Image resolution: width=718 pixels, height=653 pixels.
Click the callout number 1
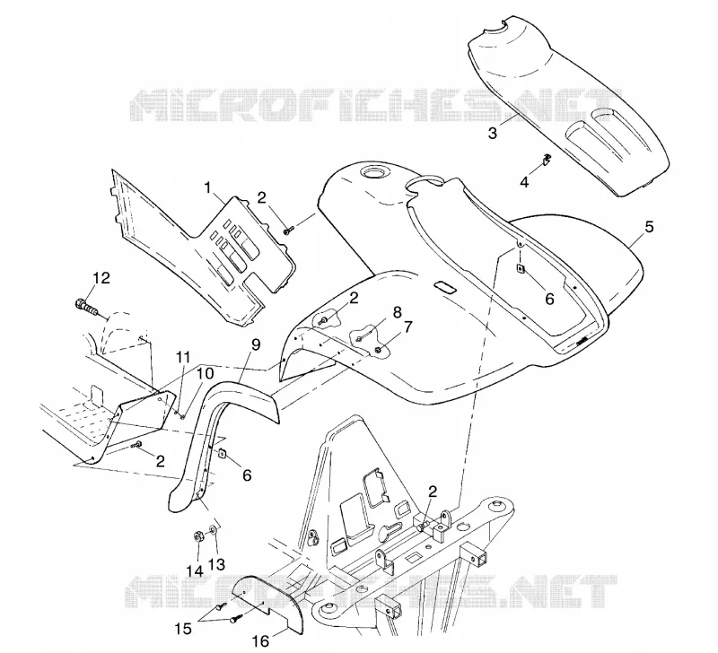[x=208, y=187]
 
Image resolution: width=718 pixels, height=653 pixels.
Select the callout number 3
[x=492, y=134]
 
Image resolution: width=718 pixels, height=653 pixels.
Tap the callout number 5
[x=649, y=227]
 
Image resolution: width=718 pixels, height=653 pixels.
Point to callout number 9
[x=256, y=344]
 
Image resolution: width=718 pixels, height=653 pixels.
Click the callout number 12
[x=101, y=278]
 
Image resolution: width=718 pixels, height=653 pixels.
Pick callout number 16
[x=260, y=641]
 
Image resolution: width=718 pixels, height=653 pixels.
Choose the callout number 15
[x=183, y=629]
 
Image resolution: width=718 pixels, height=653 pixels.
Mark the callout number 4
[x=524, y=182]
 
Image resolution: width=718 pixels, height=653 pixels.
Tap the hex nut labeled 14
[x=198, y=536]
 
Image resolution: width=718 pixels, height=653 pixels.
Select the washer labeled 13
[x=214, y=530]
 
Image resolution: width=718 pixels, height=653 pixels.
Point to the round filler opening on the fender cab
[x=374, y=173]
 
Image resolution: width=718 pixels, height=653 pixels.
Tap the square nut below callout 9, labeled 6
[x=222, y=454]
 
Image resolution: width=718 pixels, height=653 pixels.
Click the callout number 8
[x=397, y=312]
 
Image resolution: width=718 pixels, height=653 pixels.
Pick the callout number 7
[x=407, y=327]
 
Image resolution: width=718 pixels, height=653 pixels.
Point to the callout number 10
[x=206, y=374]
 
